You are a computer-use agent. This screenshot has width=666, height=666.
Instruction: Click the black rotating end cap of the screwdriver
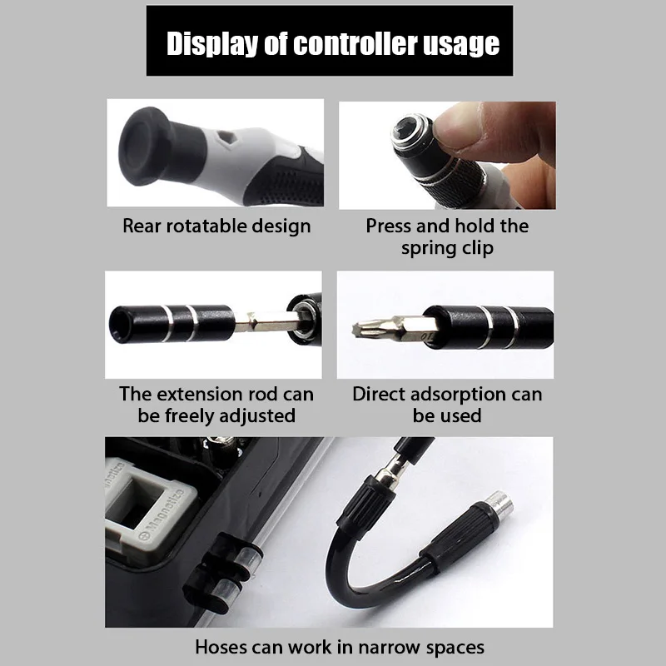click(144, 146)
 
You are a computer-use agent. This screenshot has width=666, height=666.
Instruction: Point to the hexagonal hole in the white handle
click(225, 137)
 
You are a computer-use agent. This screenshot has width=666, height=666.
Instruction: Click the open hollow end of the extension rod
click(120, 323)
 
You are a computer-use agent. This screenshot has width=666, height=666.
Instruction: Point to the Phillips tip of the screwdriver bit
click(361, 329)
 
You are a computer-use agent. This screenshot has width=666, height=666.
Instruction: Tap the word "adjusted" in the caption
click(259, 415)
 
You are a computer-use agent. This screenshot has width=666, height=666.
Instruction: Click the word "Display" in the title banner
click(212, 44)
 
